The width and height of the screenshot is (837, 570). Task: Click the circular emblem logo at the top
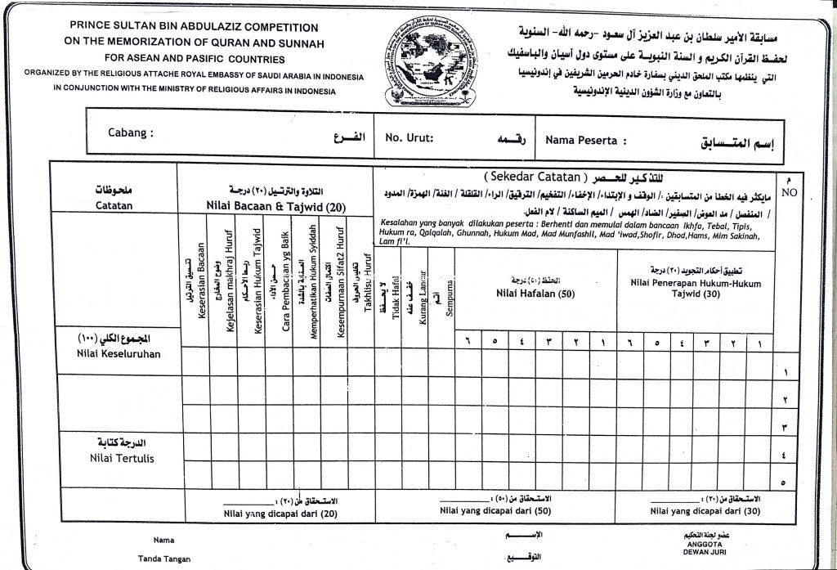click(430, 61)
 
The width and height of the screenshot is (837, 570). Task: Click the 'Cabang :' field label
click(131, 133)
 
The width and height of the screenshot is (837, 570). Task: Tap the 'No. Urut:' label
click(410, 138)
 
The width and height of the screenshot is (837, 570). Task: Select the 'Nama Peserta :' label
click(586, 141)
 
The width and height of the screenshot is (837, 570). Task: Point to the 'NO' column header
click(788, 193)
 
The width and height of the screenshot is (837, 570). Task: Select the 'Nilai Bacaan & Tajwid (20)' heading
click(276, 206)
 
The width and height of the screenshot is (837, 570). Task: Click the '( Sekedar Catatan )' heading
click(535, 176)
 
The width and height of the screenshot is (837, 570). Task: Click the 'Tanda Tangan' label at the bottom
click(164, 559)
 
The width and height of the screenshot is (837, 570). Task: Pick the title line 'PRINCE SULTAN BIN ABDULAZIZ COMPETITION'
click(194, 28)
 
